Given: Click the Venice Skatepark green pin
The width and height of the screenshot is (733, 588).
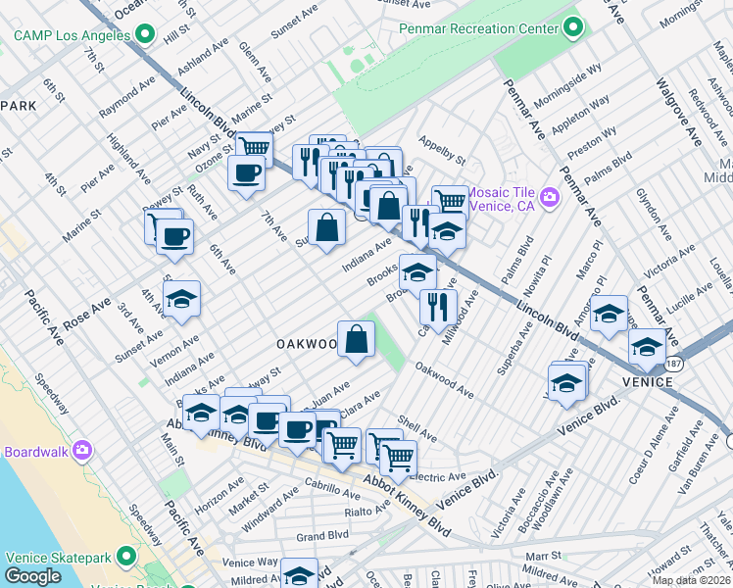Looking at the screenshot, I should [x=125, y=557].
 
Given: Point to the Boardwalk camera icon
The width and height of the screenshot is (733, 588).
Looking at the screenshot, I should [x=81, y=451].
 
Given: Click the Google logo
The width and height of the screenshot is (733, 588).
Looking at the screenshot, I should [x=32, y=576].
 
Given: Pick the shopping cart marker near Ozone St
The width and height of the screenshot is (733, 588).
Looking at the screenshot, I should [x=253, y=150].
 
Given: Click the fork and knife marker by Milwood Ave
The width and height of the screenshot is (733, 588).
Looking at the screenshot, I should [x=438, y=306].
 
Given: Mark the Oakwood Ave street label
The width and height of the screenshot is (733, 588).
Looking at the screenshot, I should [x=444, y=381].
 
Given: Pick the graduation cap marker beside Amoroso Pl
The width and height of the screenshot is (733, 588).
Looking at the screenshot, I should [x=609, y=314].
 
